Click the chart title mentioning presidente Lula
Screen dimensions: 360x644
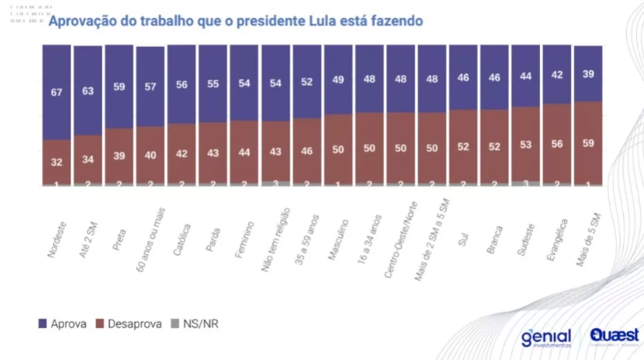235,21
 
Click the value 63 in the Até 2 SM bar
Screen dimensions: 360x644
87,89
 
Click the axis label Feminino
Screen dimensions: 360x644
244,239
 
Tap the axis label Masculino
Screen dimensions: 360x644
338,240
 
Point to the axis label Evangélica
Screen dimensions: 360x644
556,239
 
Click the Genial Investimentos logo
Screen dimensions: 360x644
546,338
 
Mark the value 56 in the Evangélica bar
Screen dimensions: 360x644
557,144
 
